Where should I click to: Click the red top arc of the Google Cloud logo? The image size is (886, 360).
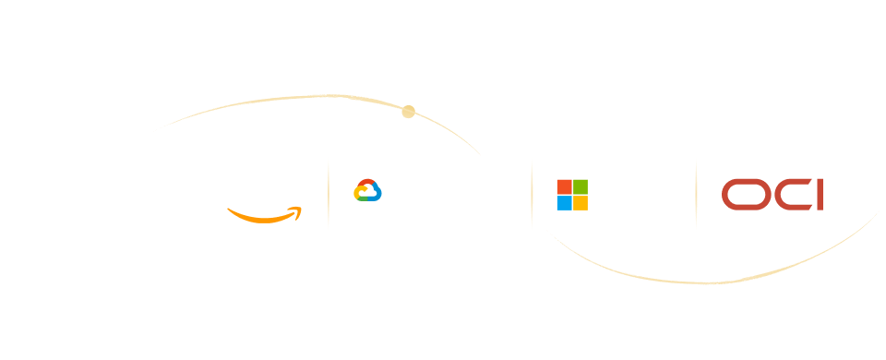pyautogui.click(x=368, y=182)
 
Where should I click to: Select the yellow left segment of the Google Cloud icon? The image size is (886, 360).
pyautogui.click(x=357, y=192)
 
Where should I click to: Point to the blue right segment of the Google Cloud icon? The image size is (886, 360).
pyautogui.click(x=377, y=192)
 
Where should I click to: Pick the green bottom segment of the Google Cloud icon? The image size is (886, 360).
pyautogui.click(x=364, y=199)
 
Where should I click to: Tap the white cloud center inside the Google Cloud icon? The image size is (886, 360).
pyautogui.click(x=368, y=192)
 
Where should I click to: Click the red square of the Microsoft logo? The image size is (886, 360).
pyautogui.click(x=565, y=187)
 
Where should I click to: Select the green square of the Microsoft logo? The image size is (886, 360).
pyautogui.click(x=581, y=187)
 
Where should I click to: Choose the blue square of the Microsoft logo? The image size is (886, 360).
pyautogui.click(x=565, y=203)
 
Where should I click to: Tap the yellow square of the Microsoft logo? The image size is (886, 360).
pyautogui.click(x=581, y=203)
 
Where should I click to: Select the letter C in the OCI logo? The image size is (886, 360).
pyautogui.click(x=776, y=195)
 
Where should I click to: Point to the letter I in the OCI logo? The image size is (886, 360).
pyautogui.click(x=820, y=195)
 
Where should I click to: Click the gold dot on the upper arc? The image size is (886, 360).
pyautogui.click(x=409, y=112)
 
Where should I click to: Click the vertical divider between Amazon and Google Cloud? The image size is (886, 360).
pyautogui.click(x=329, y=195)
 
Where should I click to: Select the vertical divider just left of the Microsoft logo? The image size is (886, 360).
pyautogui.click(x=532, y=195)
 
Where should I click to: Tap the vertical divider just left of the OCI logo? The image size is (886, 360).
pyautogui.click(x=696, y=195)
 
